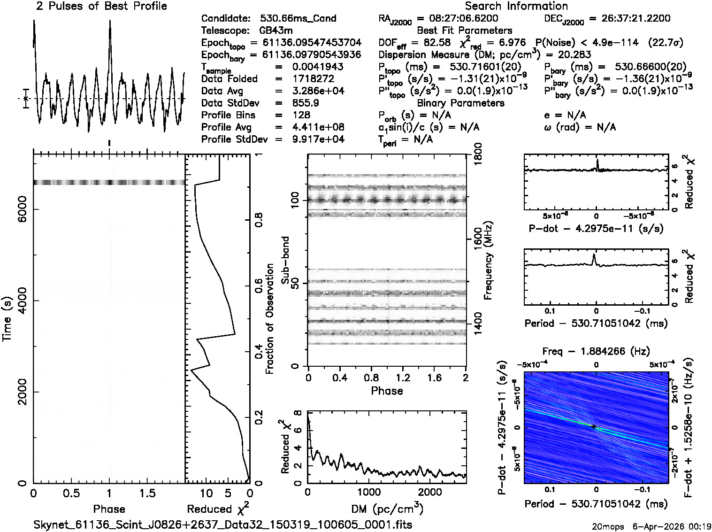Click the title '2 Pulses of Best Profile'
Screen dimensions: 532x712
tap(101, 6)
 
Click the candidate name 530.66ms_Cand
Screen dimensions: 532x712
tap(298, 19)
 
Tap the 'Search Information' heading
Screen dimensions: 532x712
tap(516, 6)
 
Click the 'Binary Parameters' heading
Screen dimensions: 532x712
tap(460, 103)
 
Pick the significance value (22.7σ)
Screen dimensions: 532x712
tap(665, 43)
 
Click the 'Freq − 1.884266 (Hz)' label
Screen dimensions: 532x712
tap(596, 351)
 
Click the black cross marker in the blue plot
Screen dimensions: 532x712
tap(594, 427)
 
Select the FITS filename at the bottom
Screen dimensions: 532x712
tap(223, 524)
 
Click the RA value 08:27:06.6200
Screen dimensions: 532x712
tap(457, 19)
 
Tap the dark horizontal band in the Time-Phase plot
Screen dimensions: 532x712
tap(109, 182)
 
